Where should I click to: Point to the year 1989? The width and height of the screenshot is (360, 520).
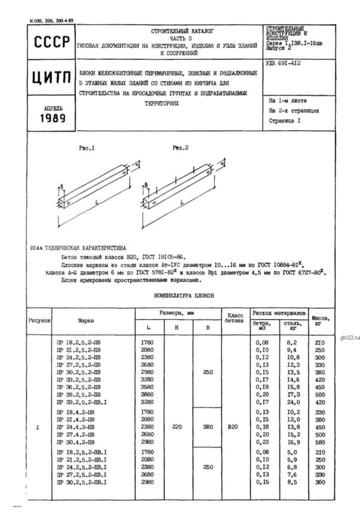46,118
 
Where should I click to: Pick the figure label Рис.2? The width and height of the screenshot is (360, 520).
181,147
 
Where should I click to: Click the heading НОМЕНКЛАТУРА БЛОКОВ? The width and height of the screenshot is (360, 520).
180,295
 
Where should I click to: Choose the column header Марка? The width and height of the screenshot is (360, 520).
86,321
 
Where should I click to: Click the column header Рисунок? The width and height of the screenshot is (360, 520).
39,321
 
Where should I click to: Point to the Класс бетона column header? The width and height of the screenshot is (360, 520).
234,319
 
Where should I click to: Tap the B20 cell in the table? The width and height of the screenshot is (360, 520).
234,428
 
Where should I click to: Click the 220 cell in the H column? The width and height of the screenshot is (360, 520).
176,428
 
